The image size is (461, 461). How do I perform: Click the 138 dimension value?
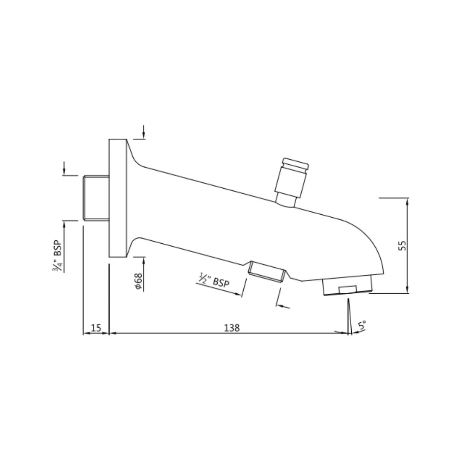[x=232, y=328]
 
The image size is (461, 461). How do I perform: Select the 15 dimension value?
[x=96, y=328]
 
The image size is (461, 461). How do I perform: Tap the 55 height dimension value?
[x=403, y=245]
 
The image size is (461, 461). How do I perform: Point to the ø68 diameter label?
[x=138, y=282]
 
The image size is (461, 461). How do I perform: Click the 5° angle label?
[x=362, y=326]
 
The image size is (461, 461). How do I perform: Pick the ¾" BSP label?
[x=58, y=256]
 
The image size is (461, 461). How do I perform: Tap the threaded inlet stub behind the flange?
[x=96, y=198]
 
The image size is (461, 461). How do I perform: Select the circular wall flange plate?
[x=117, y=198]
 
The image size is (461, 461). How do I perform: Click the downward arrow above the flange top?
[x=144, y=135]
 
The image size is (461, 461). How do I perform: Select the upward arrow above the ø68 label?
[x=143, y=261]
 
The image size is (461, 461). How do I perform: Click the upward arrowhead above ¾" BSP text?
[x=64, y=225]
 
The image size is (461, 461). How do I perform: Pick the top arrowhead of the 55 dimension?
[x=407, y=201]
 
